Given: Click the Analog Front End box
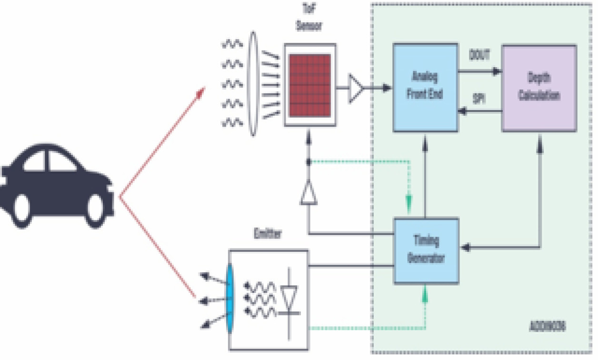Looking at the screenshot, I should tap(425, 88).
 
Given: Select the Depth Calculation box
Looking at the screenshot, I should tap(539, 88).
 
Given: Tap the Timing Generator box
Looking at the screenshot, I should tap(426, 250).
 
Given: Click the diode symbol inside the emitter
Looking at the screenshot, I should tap(290, 298).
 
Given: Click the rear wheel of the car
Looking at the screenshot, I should tap(21, 209).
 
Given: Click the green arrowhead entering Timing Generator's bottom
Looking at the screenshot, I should tap(425, 296).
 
